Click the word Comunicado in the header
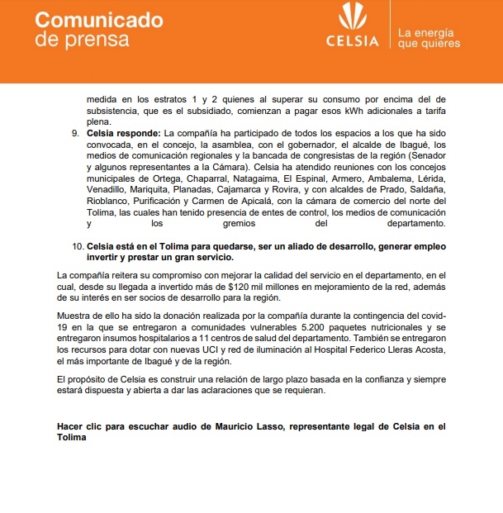coord(99,20)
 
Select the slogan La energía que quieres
coord(429,38)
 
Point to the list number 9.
coord(76,133)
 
